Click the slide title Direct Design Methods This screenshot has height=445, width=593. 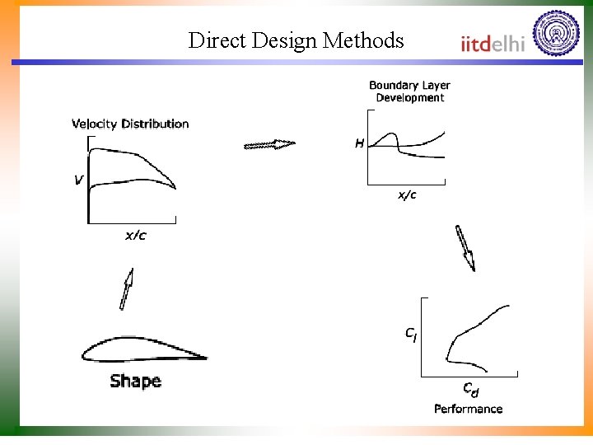[x=296, y=40]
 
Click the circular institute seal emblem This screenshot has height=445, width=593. [x=556, y=34]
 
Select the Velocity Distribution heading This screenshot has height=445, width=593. [x=130, y=124]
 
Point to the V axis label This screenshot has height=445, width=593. [x=78, y=179]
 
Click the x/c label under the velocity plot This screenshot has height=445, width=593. [x=136, y=236]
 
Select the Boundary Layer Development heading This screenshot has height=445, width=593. [x=409, y=91]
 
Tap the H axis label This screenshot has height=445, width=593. [x=359, y=143]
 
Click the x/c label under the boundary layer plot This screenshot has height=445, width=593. [x=407, y=195]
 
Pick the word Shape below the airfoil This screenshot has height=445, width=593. [x=135, y=381]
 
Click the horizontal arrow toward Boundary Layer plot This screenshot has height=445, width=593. [x=269, y=145]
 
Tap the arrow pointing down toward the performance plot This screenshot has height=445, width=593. [x=465, y=248]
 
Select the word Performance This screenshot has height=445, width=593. [x=468, y=409]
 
